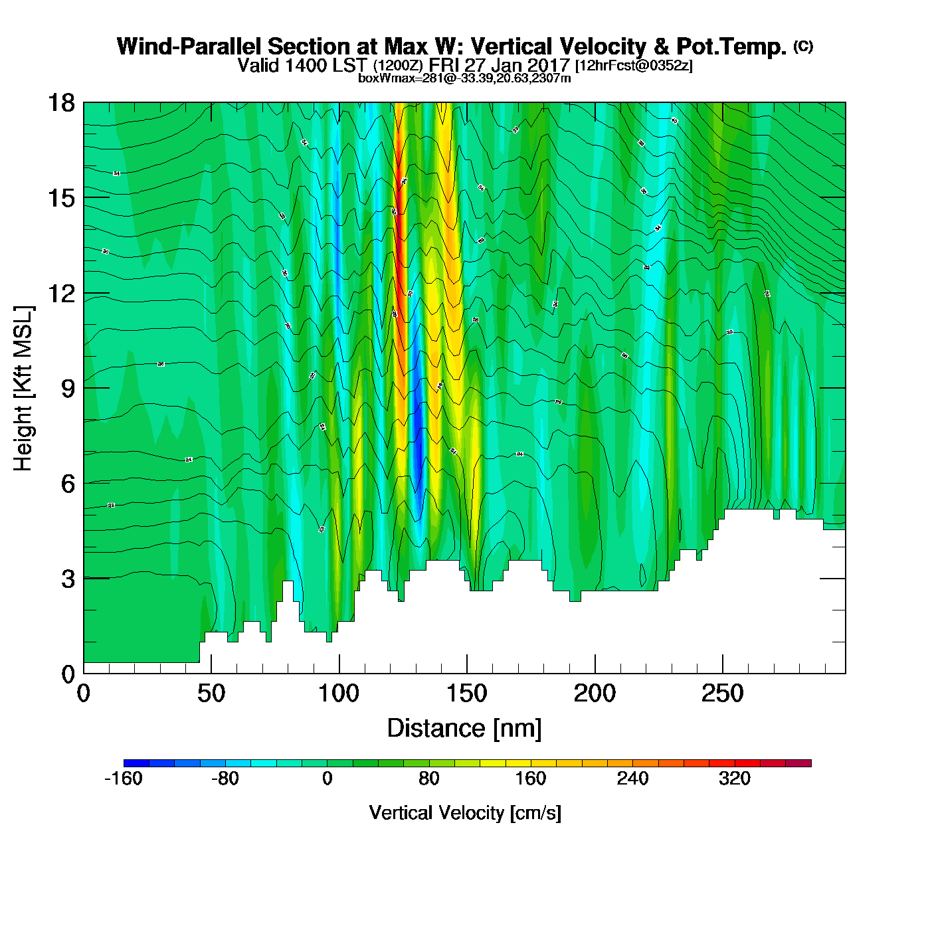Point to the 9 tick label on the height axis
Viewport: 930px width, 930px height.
(68, 389)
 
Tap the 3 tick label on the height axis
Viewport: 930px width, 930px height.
(68, 579)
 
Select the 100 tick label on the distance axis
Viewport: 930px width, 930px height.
(339, 694)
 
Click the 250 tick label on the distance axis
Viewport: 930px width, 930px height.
(722, 694)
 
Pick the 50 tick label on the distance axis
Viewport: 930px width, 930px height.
(211, 694)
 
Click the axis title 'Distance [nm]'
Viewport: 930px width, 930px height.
(464, 729)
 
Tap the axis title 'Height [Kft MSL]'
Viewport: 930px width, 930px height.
(23, 389)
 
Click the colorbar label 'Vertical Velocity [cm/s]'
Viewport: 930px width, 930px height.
(465, 812)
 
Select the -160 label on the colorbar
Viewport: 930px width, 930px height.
(124, 779)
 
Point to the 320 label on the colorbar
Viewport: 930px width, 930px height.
(734, 779)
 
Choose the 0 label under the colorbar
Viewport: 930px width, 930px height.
(327, 779)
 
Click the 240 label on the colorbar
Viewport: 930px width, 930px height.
(632, 779)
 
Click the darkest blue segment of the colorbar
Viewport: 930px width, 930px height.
(136, 763)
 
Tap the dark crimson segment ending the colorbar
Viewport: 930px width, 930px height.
(798, 763)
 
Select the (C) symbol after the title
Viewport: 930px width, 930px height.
(803, 46)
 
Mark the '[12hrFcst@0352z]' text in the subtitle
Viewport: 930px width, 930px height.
(634, 65)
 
